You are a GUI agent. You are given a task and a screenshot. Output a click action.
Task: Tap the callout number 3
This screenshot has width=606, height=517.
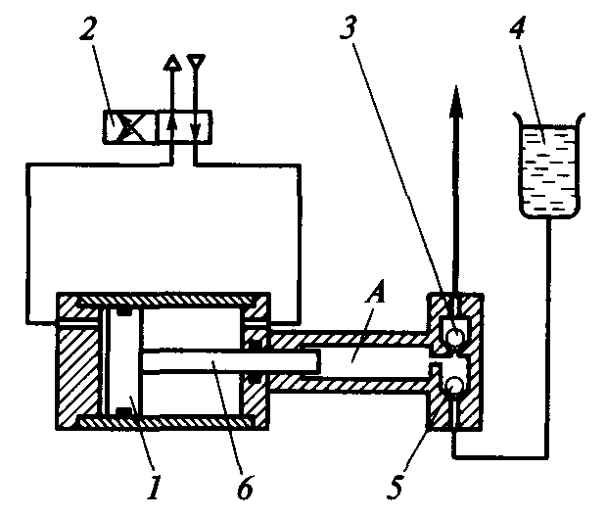(x=349, y=26)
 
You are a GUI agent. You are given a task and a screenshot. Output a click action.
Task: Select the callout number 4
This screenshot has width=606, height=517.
(x=516, y=26)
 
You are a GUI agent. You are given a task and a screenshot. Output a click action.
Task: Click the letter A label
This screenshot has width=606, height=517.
(x=375, y=295)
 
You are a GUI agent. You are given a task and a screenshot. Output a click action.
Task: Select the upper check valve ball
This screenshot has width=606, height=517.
(x=455, y=335)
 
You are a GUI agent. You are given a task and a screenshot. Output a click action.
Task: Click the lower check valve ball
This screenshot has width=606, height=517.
(x=454, y=385)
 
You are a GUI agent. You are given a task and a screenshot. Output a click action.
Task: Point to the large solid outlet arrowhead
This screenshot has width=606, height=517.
(x=456, y=101)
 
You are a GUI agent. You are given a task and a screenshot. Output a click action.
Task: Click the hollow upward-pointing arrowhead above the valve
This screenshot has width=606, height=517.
(x=172, y=62)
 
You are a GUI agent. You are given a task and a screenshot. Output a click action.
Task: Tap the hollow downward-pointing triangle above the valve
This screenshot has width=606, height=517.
(x=196, y=61)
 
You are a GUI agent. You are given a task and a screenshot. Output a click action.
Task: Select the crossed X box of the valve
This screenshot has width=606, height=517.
(x=129, y=127)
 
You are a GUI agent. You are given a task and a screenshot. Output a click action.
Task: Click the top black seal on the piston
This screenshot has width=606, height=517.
(x=124, y=311)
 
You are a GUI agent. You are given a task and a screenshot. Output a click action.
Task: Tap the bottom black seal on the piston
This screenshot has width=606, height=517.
(x=124, y=412)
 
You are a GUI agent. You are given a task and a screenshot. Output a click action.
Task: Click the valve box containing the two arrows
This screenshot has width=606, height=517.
(x=184, y=127)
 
